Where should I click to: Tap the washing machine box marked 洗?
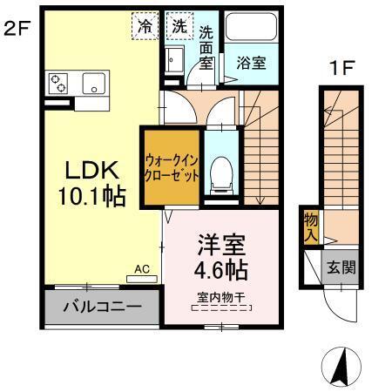click(179, 25)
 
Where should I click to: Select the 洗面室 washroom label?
click(206, 47)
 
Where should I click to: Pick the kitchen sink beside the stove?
click(93, 84)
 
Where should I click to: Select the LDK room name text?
click(84, 168)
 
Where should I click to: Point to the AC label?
click(141, 271)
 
